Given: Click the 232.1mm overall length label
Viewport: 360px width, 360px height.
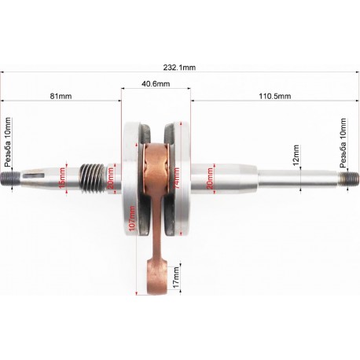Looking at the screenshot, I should [179, 68].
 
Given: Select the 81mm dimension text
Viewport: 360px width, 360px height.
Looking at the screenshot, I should [61, 96].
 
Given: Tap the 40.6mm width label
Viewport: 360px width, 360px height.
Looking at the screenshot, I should [156, 83].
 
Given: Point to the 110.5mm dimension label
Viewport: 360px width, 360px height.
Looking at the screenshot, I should [274, 96].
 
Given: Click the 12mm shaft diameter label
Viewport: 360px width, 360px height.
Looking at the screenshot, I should [296, 156].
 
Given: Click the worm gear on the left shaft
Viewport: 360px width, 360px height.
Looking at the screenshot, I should [93, 177].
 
